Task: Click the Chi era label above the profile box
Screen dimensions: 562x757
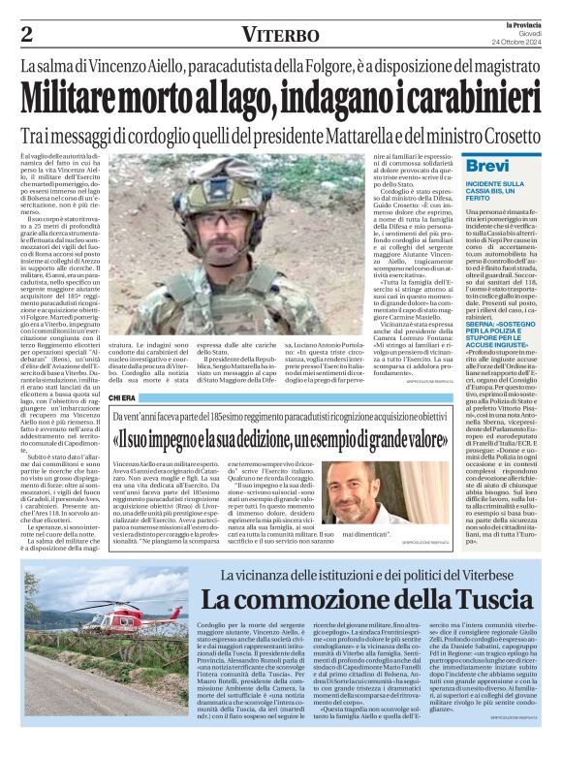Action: click(123, 397)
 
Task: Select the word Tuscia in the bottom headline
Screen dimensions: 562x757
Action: click(420, 601)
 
